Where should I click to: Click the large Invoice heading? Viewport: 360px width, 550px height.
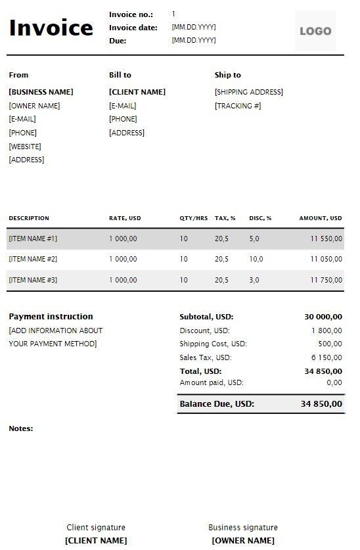[x=51, y=28]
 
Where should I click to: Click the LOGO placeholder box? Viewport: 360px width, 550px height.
[x=315, y=31]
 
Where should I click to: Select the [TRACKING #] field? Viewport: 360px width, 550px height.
[x=238, y=106]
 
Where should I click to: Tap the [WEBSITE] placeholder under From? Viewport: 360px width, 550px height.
[x=25, y=147]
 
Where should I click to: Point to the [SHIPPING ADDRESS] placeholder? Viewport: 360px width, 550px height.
[x=248, y=92]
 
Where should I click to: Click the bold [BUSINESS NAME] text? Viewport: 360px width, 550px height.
[x=41, y=92]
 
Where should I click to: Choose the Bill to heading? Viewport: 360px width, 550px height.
[x=120, y=75]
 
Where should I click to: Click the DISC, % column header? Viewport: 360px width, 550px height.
[x=260, y=218]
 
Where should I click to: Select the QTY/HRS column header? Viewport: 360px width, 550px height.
[x=194, y=218]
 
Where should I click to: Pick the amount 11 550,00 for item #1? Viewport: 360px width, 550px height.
[x=326, y=239]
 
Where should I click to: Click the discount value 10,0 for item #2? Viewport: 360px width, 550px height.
[x=256, y=260]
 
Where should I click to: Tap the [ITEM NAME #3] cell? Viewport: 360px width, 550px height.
[x=33, y=281]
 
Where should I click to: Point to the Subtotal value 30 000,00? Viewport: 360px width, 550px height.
[x=323, y=317]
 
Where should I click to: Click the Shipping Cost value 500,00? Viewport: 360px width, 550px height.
[x=330, y=344]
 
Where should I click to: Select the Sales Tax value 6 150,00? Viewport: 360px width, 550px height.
[x=326, y=357]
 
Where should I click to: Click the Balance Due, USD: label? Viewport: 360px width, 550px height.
[x=217, y=403]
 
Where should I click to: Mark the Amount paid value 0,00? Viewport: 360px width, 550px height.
[x=334, y=382]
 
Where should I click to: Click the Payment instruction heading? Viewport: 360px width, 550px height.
[x=51, y=317]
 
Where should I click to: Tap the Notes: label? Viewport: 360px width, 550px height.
[x=21, y=428]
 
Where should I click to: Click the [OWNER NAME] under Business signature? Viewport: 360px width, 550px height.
[x=243, y=541]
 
